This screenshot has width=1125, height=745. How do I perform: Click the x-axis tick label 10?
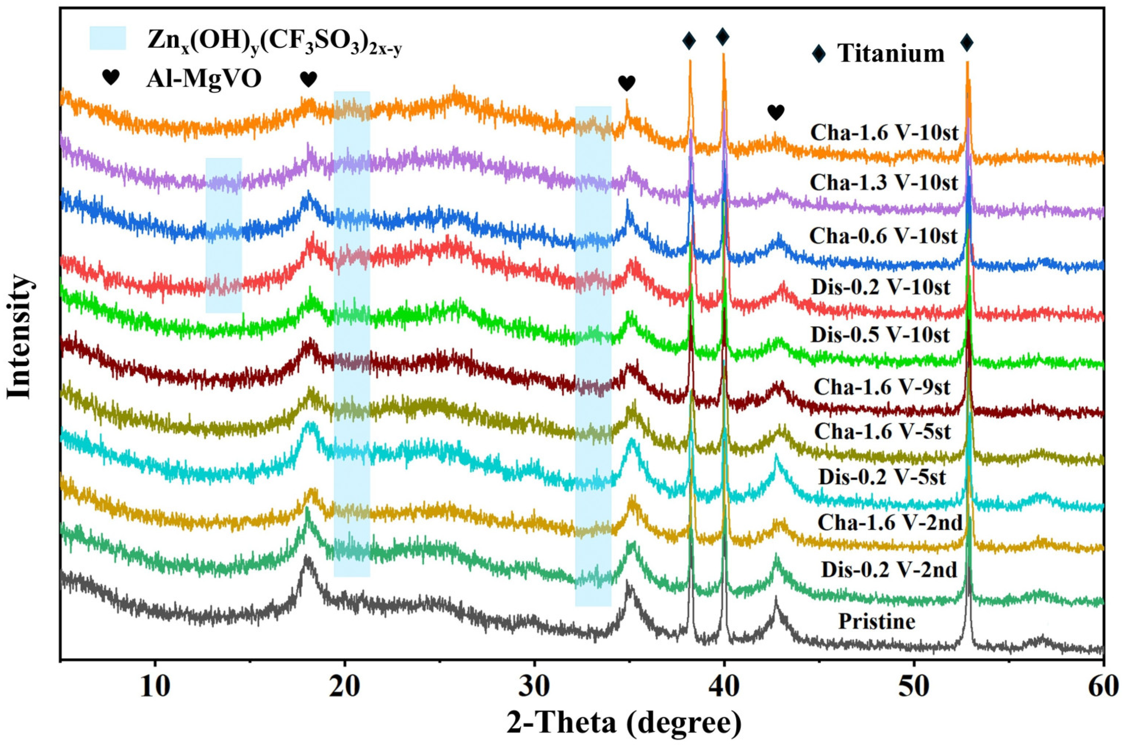point(154,688)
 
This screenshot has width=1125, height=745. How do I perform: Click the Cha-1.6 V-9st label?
point(882,387)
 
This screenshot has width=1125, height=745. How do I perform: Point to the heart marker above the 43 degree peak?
point(775,113)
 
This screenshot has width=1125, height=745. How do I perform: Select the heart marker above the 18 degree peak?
point(308,79)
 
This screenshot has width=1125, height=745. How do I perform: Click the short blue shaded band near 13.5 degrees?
point(223,235)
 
